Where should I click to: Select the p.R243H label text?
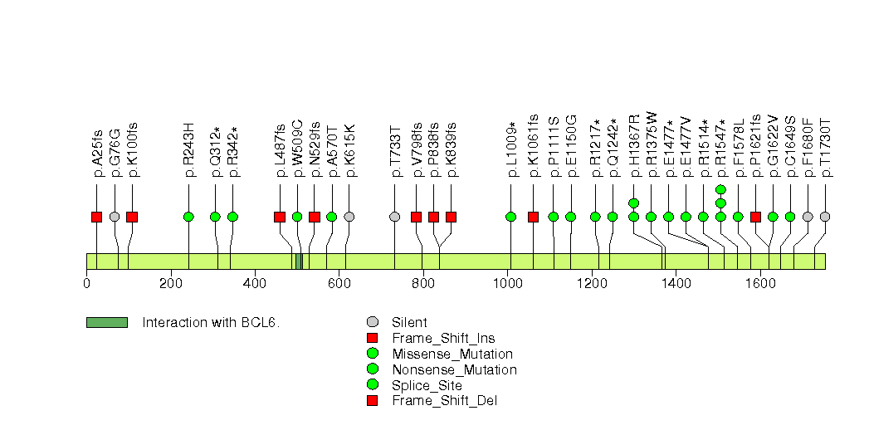(x=188, y=150)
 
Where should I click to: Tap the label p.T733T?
(x=395, y=150)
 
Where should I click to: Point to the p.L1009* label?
(x=511, y=149)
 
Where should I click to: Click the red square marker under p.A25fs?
(x=97, y=217)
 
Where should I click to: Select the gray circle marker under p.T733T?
(x=395, y=217)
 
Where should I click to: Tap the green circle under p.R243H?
(x=188, y=217)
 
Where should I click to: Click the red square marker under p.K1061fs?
(x=533, y=217)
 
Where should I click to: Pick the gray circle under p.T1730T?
(x=825, y=217)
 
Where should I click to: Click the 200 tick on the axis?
(x=171, y=283)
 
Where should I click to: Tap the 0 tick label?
(x=87, y=283)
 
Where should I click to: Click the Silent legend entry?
(x=409, y=322)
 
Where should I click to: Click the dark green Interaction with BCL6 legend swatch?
(x=107, y=322)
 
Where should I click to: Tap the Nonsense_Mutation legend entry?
(x=453, y=369)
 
